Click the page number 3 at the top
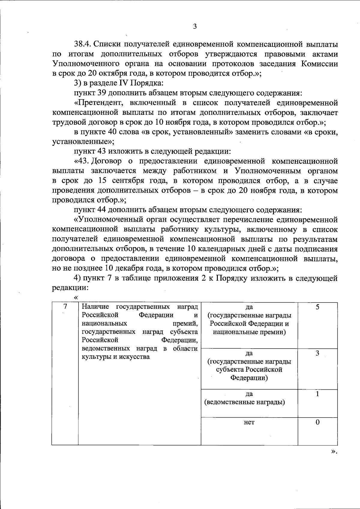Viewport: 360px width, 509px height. pyautogui.click(x=195, y=26)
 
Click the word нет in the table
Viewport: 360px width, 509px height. pyautogui.click(x=249, y=422)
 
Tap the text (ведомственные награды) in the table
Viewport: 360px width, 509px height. pyautogui.click(x=244, y=402)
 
